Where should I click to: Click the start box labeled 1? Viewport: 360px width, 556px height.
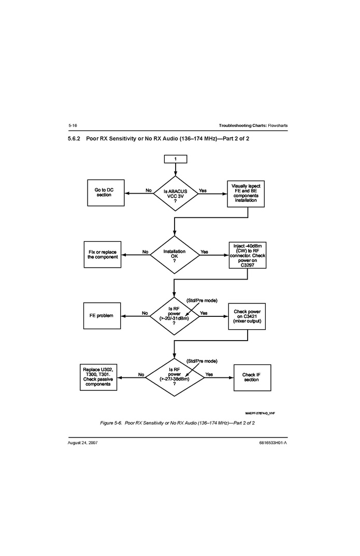pos(175,159)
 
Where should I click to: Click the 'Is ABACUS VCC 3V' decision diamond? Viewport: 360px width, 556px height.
pos(175,194)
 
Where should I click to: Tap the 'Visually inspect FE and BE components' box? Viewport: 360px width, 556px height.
pos(246,193)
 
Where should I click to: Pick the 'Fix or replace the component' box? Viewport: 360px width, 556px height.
pos(103,254)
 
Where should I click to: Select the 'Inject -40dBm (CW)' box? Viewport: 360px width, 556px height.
pos(248,255)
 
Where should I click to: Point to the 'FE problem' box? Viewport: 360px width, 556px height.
pos(102,315)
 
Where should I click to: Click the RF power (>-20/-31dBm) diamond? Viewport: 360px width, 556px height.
pos(175,315)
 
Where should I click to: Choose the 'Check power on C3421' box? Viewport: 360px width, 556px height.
pos(247,316)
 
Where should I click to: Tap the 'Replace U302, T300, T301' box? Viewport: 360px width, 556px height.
pos(98,376)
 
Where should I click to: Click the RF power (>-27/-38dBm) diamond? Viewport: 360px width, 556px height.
pos(175,377)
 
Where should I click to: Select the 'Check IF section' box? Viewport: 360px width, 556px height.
pos(251,377)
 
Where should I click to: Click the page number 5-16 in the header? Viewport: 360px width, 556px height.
pos(73,126)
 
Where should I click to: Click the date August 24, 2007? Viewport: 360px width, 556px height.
pos(83,444)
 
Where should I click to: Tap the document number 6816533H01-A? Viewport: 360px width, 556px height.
pos(272,444)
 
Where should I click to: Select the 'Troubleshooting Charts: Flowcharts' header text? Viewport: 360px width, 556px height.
pos(253,126)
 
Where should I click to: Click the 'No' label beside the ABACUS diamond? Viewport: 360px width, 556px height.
pos(149,191)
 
